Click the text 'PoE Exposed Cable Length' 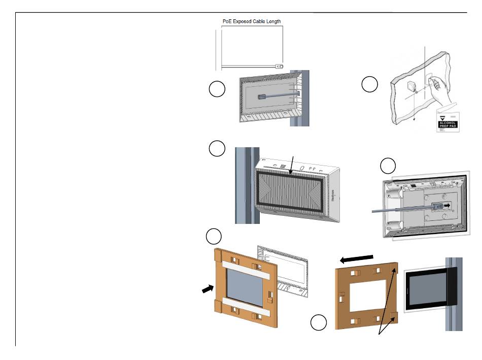pyautogui.click(x=252, y=21)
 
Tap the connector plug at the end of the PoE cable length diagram pyautogui.click(x=279, y=66)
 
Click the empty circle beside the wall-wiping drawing pyautogui.click(x=370, y=85)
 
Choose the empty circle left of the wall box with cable pyautogui.click(x=217, y=89)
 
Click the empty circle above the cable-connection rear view pyautogui.click(x=389, y=165)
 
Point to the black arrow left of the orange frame pyautogui.click(x=208, y=288)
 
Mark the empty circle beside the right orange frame pyautogui.click(x=319, y=322)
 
